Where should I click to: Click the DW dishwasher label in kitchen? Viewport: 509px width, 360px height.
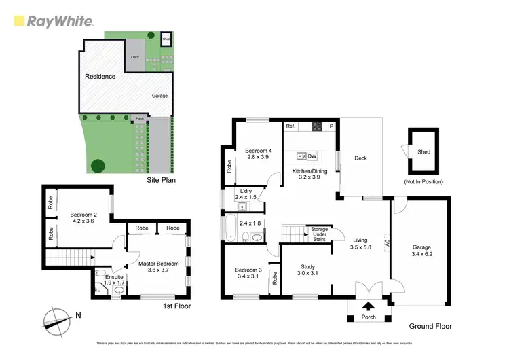(312, 156)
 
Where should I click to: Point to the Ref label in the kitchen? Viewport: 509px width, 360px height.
(290, 126)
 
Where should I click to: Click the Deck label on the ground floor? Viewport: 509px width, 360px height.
(360, 158)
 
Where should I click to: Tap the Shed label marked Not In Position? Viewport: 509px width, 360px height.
(423, 152)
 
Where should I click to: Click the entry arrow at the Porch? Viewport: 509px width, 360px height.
(369, 307)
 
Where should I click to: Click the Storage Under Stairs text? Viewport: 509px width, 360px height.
(319, 234)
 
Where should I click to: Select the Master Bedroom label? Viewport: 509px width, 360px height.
(158, 263)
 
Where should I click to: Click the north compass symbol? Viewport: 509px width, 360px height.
(58, 318)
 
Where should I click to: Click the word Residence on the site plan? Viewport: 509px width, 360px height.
(99, 77)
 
